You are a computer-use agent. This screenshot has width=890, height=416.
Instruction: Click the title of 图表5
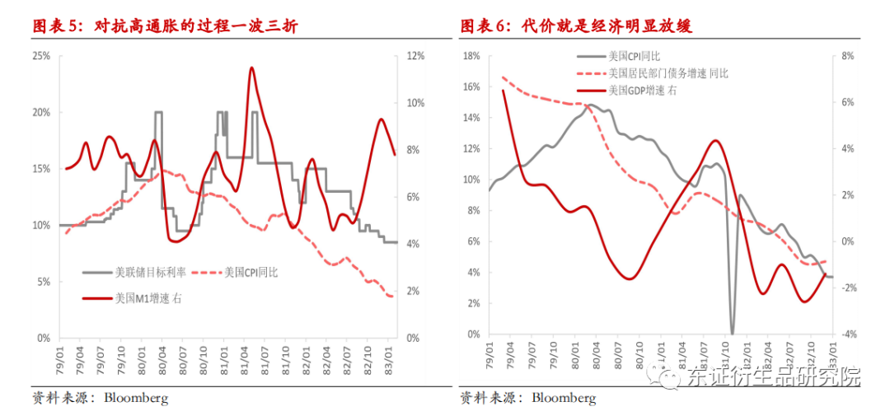click(x=165, y=26)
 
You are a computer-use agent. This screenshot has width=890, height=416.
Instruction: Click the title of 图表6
click(x=576, y=26)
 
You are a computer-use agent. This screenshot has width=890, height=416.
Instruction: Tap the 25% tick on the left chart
click(x=40, y=56)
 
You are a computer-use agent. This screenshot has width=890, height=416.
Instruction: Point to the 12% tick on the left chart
click(x=415, y=56)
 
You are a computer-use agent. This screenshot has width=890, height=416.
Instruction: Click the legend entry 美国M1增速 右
click(x=148, y=298)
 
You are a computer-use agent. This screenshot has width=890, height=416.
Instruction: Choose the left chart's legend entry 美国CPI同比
click(x=251, y=272)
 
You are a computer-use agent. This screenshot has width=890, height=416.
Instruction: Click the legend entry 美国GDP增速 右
click(x=642, y=91)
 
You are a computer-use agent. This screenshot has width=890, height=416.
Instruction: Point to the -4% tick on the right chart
click(x=846, y=334)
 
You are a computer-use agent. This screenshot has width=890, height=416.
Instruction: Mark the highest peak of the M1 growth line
click(x=251, y=68)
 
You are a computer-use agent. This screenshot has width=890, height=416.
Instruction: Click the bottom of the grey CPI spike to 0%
click(x=732, y=333)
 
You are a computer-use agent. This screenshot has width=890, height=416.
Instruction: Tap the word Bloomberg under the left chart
click(x=135, y=399)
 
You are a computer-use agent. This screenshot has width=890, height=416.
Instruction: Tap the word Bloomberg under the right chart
click(x=564, y=399)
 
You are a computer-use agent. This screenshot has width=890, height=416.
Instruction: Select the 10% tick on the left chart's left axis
click(x=40, y=225)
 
